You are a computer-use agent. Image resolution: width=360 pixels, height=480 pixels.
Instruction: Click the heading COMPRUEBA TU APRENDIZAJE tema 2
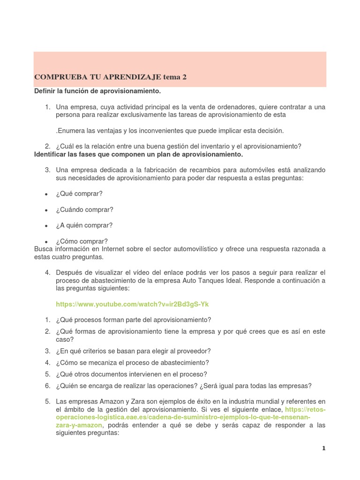(x=111, y=77)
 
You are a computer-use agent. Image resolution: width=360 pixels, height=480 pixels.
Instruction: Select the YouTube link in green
(x=132, y=304)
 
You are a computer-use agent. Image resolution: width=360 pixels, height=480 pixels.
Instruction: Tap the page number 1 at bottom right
(x=323, y=448)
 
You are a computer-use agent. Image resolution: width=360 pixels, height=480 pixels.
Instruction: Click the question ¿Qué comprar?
(x=79, y=194)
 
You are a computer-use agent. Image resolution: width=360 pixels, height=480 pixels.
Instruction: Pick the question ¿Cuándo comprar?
(x=84, y=210)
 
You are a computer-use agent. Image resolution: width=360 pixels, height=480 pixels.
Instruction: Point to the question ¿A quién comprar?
(x=84, y=225)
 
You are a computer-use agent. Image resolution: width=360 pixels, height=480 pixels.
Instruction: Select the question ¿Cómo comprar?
(x=82, y=241)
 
